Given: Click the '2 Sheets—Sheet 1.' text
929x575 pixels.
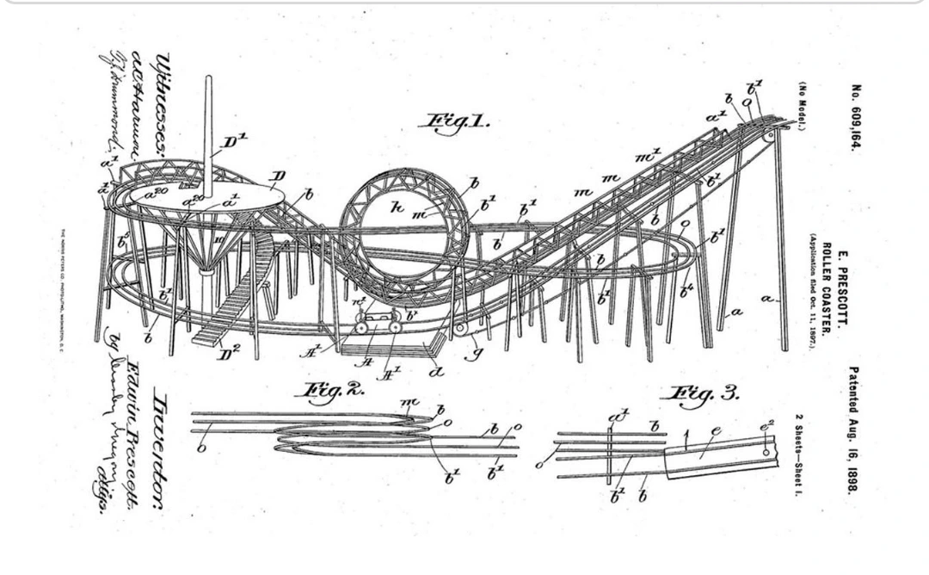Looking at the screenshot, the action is (799, 455).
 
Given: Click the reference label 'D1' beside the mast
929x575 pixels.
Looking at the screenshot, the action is (231, 142).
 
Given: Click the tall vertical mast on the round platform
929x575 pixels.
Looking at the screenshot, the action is (208, 129).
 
